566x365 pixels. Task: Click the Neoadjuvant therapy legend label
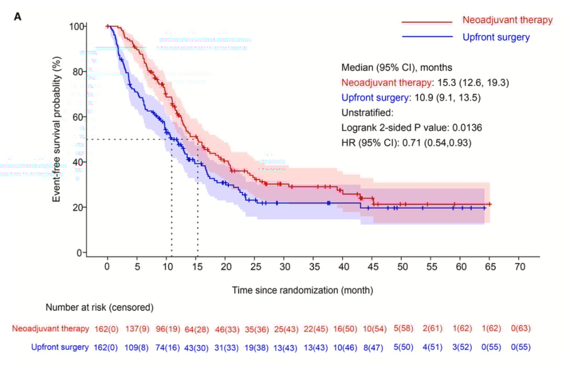(x=507, y=20)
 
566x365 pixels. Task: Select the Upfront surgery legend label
(x=496, y=37)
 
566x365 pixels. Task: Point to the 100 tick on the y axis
(x=77, y=26)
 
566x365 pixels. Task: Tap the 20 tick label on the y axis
(x=77, y=207)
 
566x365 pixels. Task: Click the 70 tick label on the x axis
(x=519, y=266)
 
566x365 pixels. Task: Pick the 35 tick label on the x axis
(x=313, y=266)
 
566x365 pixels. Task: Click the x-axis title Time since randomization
(x=303, y=290)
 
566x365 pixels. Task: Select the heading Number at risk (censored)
(x=99, y=307)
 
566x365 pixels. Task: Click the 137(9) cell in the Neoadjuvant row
(x=137, y=329)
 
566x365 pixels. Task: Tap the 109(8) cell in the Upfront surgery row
(x=137, y=348)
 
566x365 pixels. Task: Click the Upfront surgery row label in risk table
(x=60, y=348)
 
